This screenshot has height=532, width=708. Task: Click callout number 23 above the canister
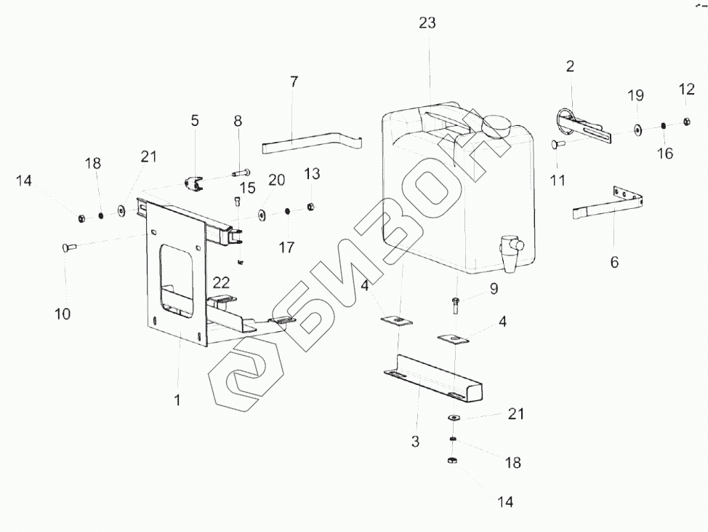pos(427,23)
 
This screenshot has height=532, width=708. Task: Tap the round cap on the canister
pos(496,126)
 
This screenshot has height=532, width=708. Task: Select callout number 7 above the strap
pos(294,82)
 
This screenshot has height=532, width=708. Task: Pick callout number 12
pos(687,89)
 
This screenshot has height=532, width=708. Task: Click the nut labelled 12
pos(686,122)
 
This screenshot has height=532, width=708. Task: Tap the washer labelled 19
pos(637,130)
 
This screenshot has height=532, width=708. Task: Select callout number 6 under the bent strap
pos(614,262)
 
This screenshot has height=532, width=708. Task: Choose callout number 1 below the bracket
pos(177,400)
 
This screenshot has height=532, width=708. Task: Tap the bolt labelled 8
pos(241,173)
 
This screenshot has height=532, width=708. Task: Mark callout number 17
pos(287,247)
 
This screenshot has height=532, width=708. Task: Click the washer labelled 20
pos(261,215)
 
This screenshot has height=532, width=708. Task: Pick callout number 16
pos(664,153)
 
